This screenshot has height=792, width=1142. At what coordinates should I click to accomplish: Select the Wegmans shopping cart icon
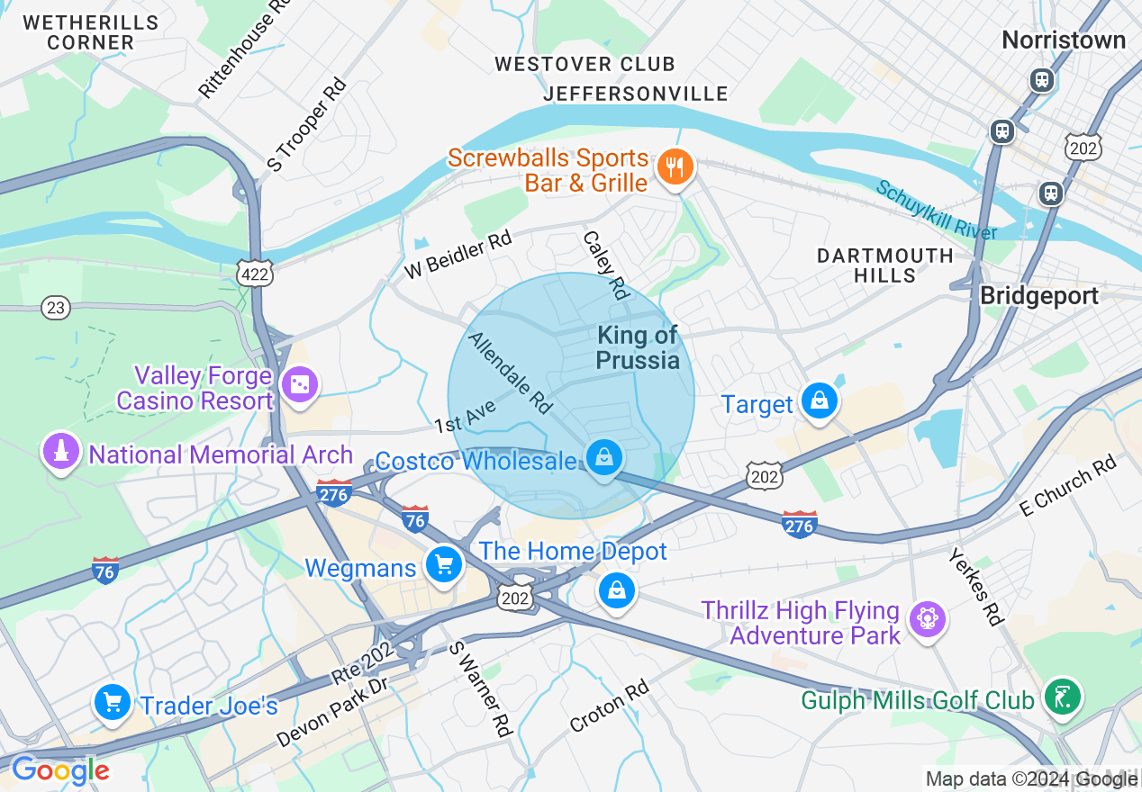point(443,565)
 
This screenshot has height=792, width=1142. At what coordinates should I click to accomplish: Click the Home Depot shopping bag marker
point(616,590)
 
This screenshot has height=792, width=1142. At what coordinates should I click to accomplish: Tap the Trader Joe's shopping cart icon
point(113,702)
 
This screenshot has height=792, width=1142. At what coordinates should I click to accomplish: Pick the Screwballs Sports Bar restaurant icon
point(675,166)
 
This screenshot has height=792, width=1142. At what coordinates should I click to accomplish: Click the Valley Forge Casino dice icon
point(299,385)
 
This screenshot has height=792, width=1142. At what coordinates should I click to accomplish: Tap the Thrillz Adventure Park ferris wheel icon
point(925,619)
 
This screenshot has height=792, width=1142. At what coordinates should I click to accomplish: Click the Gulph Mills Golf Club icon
point(1063,696)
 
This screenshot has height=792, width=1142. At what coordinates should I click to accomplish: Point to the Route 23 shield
point(56,308)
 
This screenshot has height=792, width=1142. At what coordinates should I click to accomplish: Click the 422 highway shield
point(255,274)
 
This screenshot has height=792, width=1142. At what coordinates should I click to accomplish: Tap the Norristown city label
point(1064,40)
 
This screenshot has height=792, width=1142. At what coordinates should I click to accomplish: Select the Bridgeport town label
point(1038,296)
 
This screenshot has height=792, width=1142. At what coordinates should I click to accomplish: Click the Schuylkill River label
point(937,211)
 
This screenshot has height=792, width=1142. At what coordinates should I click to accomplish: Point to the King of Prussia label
point(638,348)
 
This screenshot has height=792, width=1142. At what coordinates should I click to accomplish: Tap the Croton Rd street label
point(610,706)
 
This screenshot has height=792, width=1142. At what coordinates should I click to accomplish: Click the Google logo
point(60,770)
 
